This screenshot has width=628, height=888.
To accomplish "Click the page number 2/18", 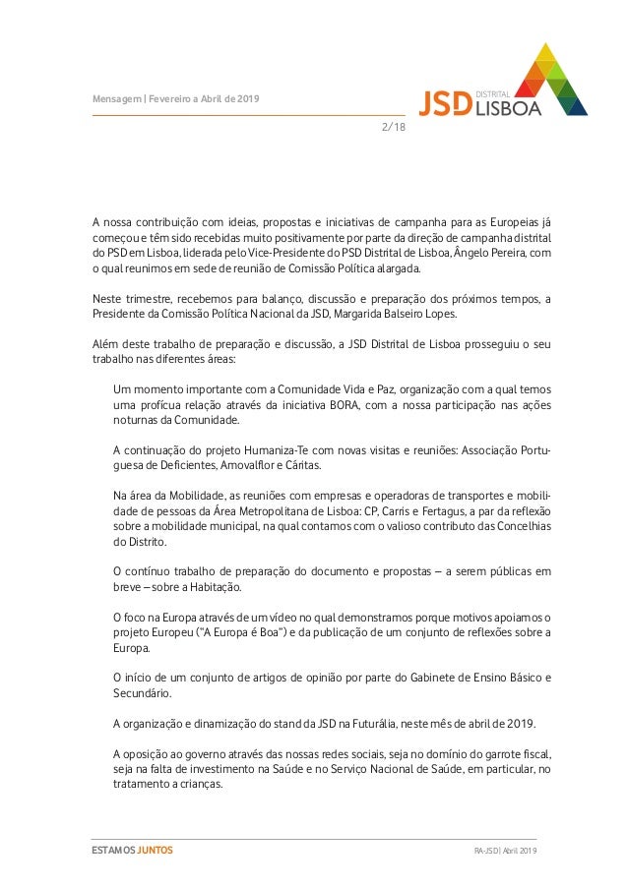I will coord(393,127).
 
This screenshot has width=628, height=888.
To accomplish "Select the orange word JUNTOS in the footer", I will coord(155,850).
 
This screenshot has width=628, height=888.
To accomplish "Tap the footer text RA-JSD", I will coord(485,850).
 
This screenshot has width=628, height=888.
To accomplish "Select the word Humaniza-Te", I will coord(273,449).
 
